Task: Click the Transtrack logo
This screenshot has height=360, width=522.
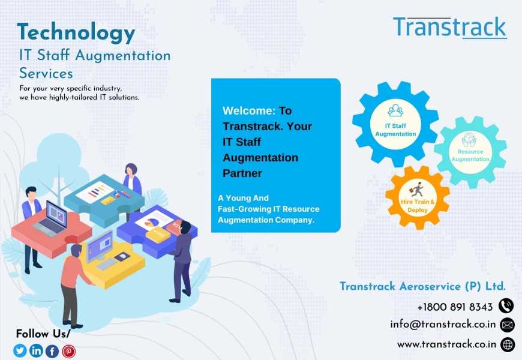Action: tap(450, 28)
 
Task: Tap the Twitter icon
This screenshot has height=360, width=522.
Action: tap(20, 350)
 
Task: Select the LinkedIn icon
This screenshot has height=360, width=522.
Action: tap(36, 350)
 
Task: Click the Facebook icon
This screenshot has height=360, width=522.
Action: tap(52, 351)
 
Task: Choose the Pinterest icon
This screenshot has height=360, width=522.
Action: tap(68, 351)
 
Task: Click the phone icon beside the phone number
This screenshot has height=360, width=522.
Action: tap(506, 306)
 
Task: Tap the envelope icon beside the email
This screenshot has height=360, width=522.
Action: tap(508, 325)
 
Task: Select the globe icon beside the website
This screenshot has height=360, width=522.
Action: tap(508, 344)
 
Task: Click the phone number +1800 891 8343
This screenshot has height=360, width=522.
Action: tap(455, 307)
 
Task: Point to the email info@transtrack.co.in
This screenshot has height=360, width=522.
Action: tap(443, 324)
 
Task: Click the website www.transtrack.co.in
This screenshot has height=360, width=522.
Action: tap(446, 344)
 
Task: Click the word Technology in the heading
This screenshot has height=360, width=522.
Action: tap(76, 32)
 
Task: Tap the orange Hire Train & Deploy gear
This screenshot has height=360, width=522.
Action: tap(418, 198)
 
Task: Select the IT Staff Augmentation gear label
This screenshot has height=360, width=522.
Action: tap(395, 130)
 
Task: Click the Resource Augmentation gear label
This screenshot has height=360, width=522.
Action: tap(470, 155)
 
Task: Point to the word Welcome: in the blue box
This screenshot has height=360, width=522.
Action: tap(249, 110)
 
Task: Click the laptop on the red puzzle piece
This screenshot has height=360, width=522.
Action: tap(52, 218)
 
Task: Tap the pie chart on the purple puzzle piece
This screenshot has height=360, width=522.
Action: tap(152, 221)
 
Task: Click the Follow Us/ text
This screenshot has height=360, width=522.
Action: tap(43, 334)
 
